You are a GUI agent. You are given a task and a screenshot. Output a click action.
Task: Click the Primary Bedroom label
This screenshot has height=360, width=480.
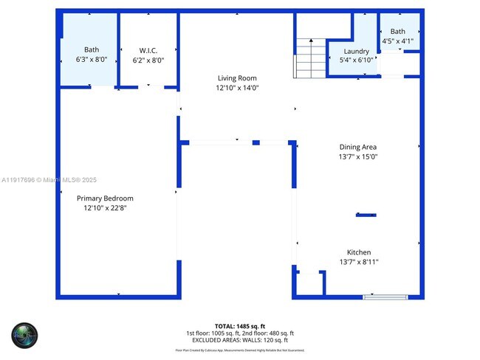tap(105, 198)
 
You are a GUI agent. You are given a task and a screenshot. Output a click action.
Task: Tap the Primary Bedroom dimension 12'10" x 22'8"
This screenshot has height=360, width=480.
tap(105, 208)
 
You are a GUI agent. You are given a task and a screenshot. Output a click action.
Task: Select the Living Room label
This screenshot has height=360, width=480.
tap(237, 78)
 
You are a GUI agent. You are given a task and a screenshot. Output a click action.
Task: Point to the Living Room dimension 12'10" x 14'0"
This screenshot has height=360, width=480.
tap(237, 88)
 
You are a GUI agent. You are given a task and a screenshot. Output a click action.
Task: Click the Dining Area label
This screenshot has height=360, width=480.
tap(359, 147)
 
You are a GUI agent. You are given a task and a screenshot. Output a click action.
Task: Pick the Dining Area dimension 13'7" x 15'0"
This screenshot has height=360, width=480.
tap(359, 156)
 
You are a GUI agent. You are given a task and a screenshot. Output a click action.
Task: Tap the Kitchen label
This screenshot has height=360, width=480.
tap(359, 252)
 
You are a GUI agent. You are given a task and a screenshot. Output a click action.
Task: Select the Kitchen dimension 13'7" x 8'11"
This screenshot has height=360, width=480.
tap(359, 262)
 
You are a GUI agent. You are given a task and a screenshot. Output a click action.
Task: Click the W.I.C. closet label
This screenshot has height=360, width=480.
tap(148, 51)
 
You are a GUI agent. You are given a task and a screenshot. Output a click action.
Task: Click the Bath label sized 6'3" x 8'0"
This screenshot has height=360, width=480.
tap(91, 50)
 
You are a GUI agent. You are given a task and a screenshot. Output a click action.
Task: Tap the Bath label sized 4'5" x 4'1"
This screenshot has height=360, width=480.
tap(398, 32)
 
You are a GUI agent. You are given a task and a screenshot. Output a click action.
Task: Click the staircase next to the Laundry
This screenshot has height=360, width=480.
tap(310, 58)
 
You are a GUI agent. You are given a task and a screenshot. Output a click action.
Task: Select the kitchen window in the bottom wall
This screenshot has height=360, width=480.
tap(385, 297)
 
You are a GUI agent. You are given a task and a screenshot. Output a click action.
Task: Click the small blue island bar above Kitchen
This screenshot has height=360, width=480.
tap(366, 215)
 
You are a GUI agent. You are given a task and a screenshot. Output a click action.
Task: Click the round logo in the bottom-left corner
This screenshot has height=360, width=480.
tap(24, 336)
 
